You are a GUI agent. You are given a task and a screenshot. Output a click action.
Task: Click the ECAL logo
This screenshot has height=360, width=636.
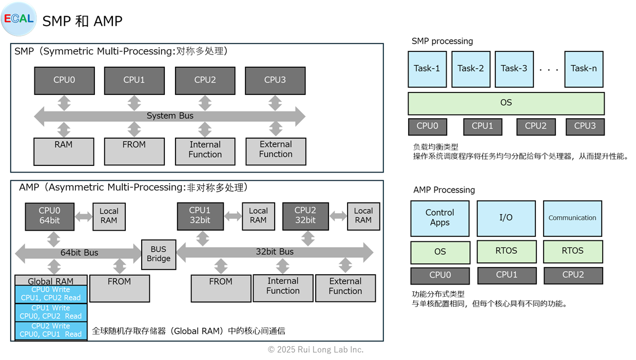tap(19, 19)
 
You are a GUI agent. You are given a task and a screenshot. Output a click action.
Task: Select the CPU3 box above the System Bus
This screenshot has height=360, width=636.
tap(275, 80)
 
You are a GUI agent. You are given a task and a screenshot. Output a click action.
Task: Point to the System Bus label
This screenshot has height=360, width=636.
tap(170, 116)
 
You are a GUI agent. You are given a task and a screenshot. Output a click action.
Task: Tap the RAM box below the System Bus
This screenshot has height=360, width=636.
tap(64, 151)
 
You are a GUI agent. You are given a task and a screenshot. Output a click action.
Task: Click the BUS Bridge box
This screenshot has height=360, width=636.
tap(159, 254)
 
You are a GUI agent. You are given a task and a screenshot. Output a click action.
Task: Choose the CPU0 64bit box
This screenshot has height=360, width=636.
tap(49, 216)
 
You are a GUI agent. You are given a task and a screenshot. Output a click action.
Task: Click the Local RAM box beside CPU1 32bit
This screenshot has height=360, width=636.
tap(258, 216)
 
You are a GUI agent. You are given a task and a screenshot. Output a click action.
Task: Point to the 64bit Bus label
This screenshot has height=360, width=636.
tap(80, 253)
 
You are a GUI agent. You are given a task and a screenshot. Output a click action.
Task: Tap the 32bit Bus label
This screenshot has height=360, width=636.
tap(275, 252)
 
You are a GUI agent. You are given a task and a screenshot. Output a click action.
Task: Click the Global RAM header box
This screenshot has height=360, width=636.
tap(51, 280)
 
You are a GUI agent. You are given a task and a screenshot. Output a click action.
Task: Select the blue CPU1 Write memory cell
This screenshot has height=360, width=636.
tap(51, 312)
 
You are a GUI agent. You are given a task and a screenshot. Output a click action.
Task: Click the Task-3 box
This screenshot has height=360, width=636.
tap(514, 69)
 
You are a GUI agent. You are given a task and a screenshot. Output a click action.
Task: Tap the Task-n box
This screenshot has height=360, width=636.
tap(584, 69)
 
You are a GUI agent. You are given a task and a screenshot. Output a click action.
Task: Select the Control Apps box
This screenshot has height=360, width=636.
tap(440, 218)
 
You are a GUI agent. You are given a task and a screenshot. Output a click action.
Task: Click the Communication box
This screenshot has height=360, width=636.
tap(572, 218)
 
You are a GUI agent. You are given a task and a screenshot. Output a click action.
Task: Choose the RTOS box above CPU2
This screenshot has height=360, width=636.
tap(572, 251)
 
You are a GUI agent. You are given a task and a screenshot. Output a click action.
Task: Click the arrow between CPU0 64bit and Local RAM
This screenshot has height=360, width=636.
tap(83, 216)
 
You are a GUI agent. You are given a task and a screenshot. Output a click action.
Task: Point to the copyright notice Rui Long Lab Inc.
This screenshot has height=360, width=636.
tap(316, 350)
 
